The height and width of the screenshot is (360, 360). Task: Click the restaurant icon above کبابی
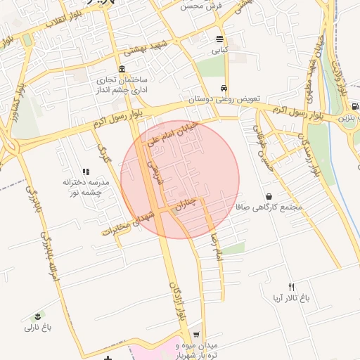click(x=220, y=39)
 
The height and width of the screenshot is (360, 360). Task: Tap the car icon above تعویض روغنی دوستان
click(x=224, y=89)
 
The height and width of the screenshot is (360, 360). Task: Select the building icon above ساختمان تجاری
click(x=122, y=70)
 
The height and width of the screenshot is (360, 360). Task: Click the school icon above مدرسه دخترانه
click(x=86, y=171)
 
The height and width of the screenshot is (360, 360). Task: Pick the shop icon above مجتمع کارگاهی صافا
click(x=269, y=196)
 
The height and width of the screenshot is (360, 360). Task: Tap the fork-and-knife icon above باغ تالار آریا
click(x=292, y=287)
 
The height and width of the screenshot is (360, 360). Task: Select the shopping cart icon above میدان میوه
click(x=196, y=335)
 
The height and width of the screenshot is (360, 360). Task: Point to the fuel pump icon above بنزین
click(x=354, y=107)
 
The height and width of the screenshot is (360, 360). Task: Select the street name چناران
click(x=188, y=205)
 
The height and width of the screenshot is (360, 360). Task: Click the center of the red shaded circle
click(x=180, y=179)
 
